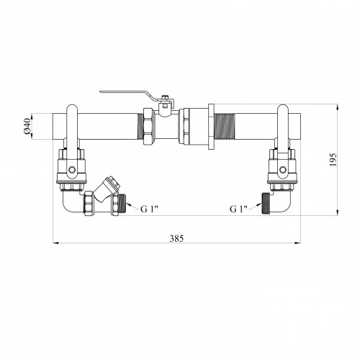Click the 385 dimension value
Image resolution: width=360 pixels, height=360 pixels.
[x=176, y=238]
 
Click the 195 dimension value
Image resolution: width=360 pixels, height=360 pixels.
[x=333, y=160]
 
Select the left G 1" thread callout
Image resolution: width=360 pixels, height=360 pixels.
[x=149, y=209]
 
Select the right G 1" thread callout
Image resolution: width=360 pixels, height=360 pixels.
[x=238, y=209]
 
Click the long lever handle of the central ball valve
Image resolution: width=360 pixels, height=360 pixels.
[x=128, y=94]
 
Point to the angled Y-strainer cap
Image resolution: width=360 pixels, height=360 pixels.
[x=112, y=183]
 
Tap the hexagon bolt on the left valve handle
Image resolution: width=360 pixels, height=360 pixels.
[x=72, y=170]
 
